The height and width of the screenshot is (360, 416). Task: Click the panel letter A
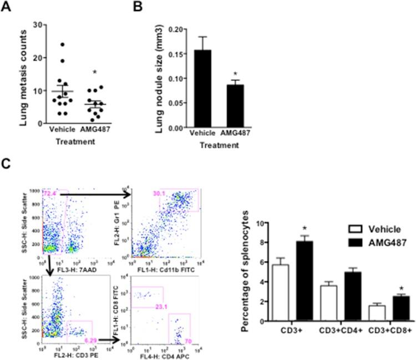pos(6,7)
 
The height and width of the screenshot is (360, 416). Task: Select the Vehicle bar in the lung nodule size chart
pos(201,89)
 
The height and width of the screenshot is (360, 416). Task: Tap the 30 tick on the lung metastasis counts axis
pos(35,24)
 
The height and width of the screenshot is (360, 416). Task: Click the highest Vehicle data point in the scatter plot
pos(64,44)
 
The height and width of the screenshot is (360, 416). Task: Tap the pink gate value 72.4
pos(50,192)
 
